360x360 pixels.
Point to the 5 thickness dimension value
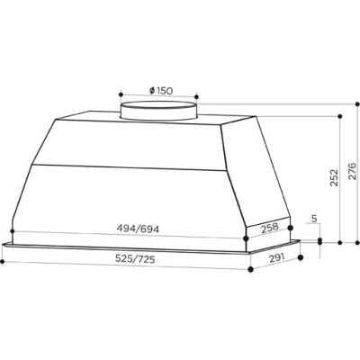click(311, 219)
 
